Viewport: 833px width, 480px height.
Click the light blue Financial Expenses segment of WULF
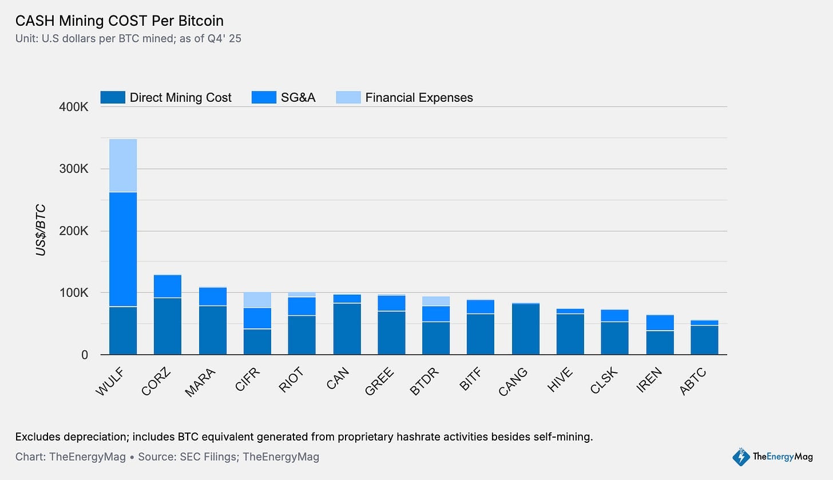click(x=123, y=165)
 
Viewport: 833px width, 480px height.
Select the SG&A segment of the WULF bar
click(x=123, y=249)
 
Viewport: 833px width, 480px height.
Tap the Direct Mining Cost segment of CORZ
click(x=168, y=326)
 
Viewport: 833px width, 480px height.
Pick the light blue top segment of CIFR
click(x=257, y=300)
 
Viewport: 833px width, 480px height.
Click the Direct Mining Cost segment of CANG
click(x=526, y=330)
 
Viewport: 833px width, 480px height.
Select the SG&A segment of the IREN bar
click(x=660, y=323)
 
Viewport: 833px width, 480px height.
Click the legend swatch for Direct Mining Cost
click(x=113, y=97)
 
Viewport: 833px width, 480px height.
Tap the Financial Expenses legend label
click(x=419, y=97)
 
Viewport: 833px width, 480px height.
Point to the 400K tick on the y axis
click(x=73, y=107)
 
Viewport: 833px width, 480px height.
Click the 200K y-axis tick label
click(x=73, y=231)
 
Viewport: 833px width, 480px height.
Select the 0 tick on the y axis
click(x=84, y=355)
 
